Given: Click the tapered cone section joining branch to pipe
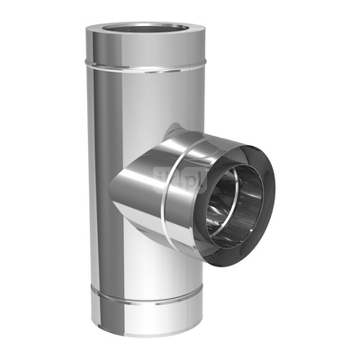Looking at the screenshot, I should tap(135, 184).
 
